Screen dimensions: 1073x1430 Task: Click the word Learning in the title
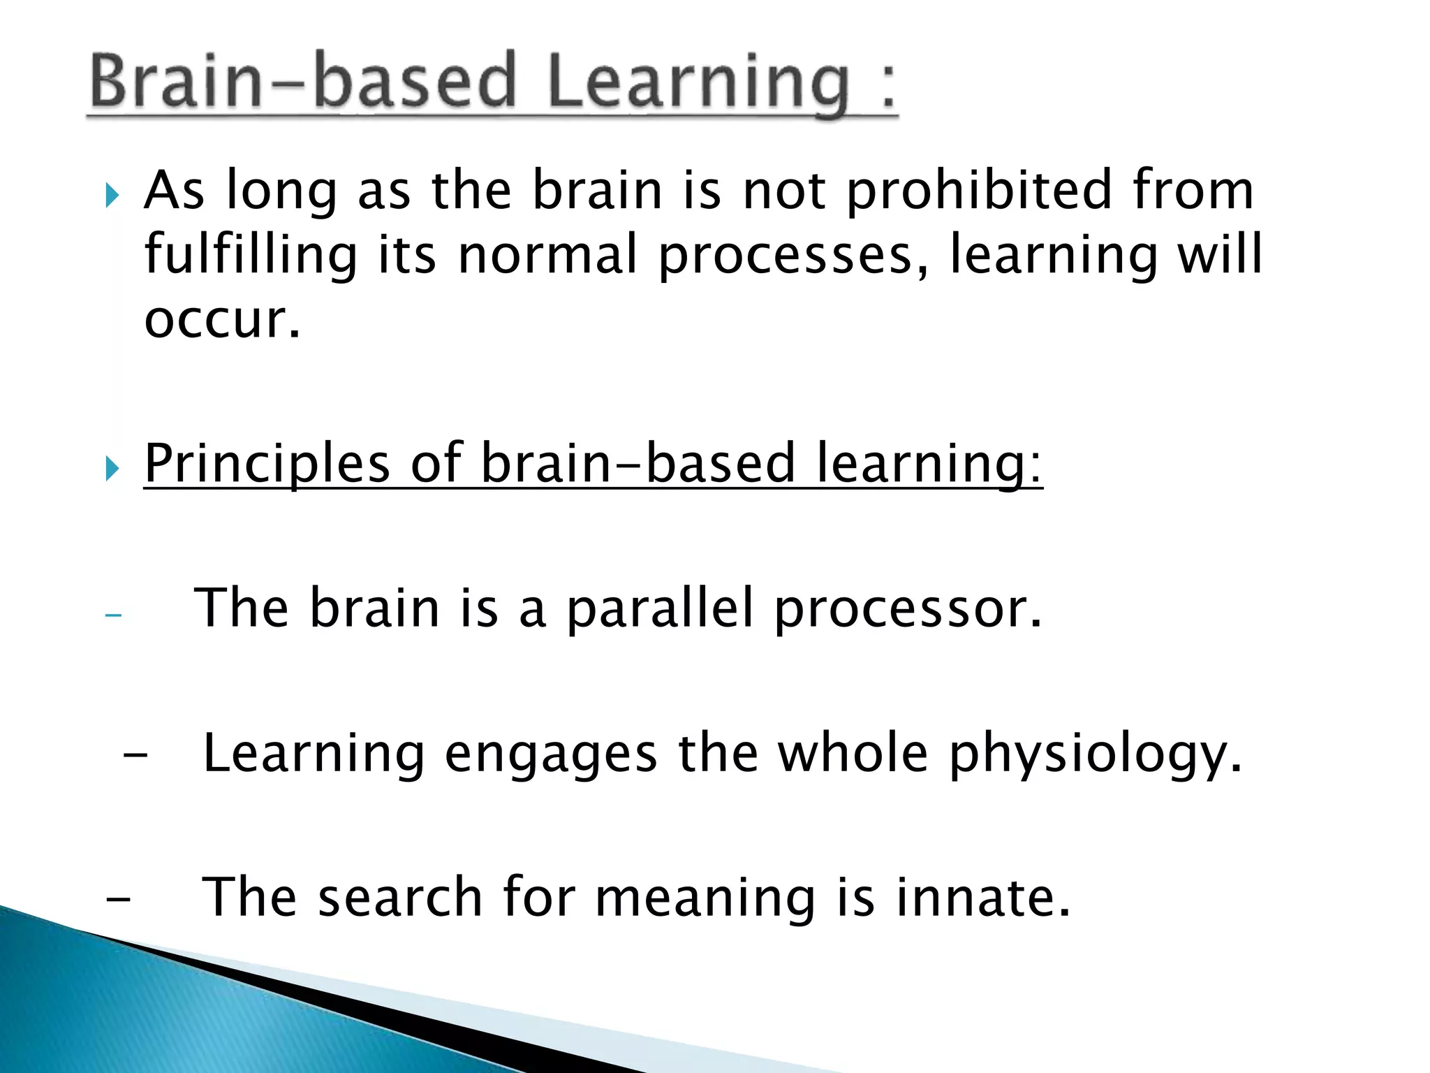(x=698, y=84)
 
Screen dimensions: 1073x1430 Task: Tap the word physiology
(x=1095, y=755)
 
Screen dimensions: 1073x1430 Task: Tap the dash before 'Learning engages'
(x=135, y=756)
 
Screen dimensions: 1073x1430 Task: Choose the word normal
(x=547, y=254)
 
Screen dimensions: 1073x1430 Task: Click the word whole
(x=853, y=754)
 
